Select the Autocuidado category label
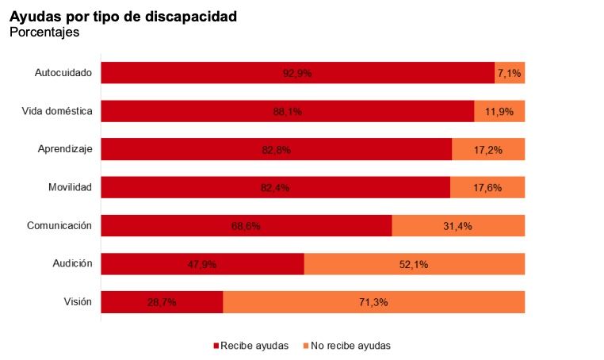pos(63,73)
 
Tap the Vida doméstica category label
pos(57,111)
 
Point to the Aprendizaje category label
pos(65,149)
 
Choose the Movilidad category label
pos(70,187)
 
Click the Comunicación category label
pos(59,225)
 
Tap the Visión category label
pos(78,301)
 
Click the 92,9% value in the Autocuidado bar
pos(297,74)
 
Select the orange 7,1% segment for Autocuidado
pos(509,74)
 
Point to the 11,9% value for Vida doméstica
pos(499,112)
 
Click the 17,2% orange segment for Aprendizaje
pos(488,150)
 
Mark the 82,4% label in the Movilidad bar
pos(275,188)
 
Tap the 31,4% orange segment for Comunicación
pos(457,226)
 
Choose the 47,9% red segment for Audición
pos(202,264)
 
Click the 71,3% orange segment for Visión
pos(373,302)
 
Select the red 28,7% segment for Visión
pos(162,302)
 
